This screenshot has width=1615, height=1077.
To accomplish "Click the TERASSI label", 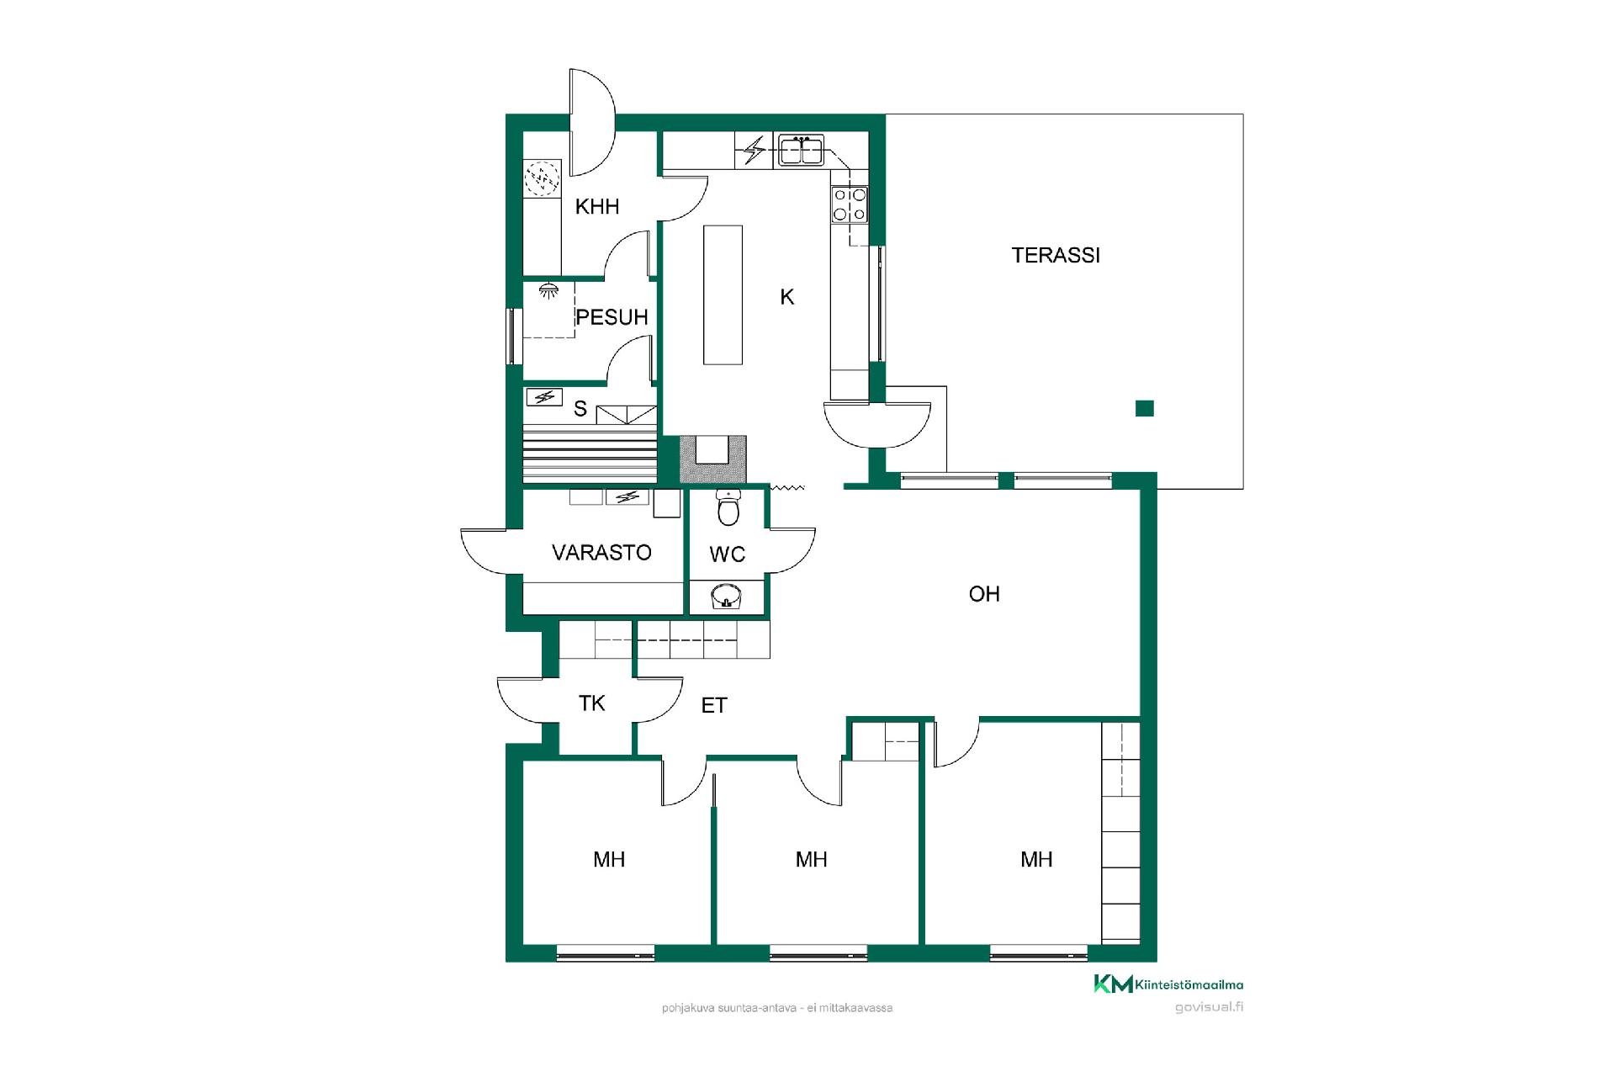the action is coord(1056,255).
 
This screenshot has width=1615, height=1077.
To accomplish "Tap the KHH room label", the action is coord(597,206).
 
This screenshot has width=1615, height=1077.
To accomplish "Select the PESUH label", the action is coord(612,317).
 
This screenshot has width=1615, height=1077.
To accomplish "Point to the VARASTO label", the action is coord(601,552).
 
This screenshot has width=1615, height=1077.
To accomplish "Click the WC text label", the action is coord(727,554).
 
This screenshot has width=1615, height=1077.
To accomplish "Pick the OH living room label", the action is coord(984,594).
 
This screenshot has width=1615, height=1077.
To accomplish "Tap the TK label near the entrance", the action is coord(591,703).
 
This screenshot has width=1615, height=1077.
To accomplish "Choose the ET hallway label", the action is coord(714,705).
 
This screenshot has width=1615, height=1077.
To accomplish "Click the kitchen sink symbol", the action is coord(800,150).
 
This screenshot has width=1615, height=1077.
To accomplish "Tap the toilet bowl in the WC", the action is coord(728,507).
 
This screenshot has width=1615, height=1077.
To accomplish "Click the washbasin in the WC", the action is coord(727,597).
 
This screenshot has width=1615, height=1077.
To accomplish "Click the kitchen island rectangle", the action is coord(723,294).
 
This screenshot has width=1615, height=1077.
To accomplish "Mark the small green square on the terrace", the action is coord(1145,409).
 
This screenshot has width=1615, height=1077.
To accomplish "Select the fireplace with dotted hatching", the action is coord(712,459).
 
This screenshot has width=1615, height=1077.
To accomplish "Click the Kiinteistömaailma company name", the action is coord(1189,984).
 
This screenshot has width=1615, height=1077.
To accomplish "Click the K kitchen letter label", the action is coord(786,296).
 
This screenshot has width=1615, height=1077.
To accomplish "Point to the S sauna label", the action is coord(580,409).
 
